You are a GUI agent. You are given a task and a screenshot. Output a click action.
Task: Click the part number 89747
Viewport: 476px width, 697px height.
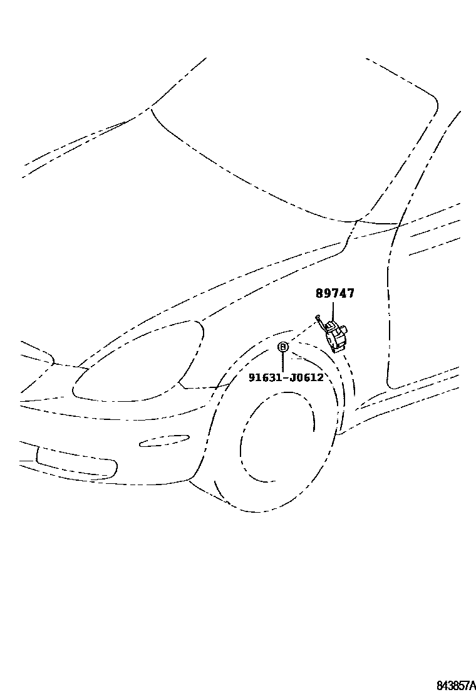coord(334,293)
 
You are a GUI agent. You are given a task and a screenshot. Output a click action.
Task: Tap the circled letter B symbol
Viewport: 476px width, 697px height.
coord(283,347)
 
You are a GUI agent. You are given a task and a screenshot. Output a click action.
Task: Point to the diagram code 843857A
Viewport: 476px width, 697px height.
coord(455,685)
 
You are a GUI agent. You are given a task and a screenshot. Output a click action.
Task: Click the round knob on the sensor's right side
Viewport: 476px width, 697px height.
coord(344,330)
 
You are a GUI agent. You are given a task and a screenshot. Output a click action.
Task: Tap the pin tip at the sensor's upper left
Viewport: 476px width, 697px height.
coord(318,318)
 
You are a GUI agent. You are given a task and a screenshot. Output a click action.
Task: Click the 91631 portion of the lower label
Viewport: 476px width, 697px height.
coord(263,377)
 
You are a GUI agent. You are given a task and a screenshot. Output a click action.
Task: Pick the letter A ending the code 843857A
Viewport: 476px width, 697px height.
coord(473,685)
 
